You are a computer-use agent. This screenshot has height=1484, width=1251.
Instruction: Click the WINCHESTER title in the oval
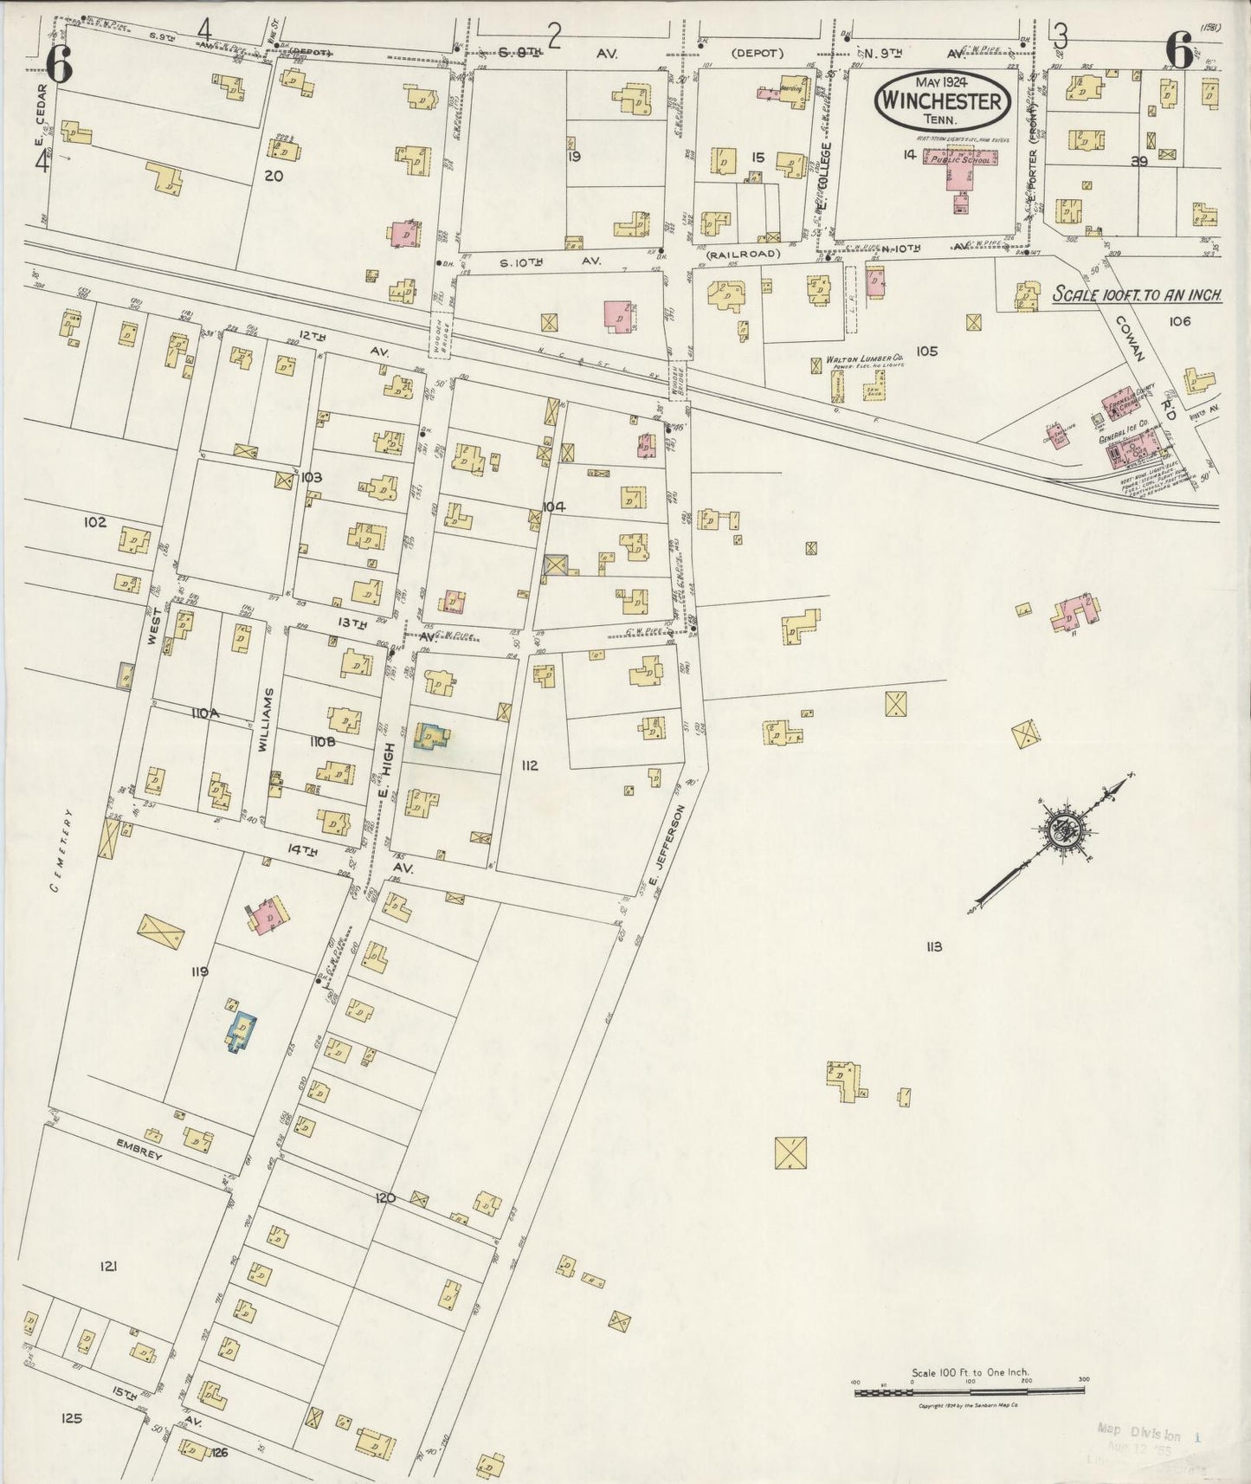942,101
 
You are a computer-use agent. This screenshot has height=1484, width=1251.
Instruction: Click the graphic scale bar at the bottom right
969,1390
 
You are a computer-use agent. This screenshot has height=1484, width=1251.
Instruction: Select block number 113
932,946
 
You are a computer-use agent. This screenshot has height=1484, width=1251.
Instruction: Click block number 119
201,972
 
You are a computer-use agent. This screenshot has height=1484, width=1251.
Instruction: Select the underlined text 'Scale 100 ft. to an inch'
1136,295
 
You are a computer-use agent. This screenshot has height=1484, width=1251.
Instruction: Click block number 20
274,176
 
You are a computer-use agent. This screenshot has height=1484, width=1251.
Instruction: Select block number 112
530,765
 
